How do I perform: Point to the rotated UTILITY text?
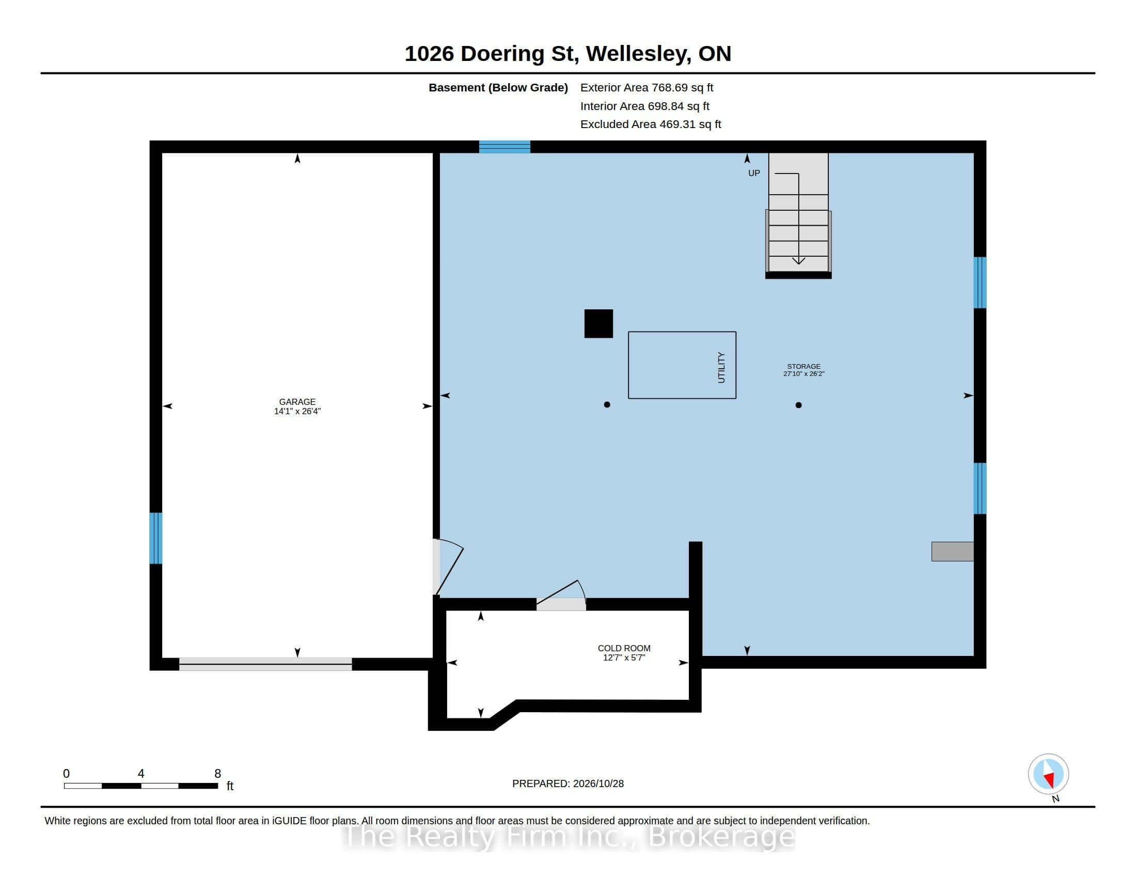(x=721, y=367)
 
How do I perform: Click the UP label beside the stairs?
(x=754, y=173)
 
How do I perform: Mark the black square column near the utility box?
(x=598, y=323)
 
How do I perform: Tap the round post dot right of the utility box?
(x=798, y=405)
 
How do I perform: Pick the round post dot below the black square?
(x=607, y=404)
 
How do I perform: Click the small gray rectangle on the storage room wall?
(x=952, y=552)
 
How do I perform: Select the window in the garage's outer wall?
(x=155, y=538)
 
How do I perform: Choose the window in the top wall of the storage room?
(x=504, y=147)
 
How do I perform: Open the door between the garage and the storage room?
(x=447, y=567)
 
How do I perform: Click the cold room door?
(x=561, y=595)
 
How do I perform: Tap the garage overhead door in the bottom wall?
(x=265, y=664)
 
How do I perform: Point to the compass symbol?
(x=1048, y=774)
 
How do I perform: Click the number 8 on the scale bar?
(x=217, y=774)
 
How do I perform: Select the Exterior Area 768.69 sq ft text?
(x=646, y=87)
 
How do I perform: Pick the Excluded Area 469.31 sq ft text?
(x=651, y=124)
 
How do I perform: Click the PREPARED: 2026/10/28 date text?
(x=568, y=783)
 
